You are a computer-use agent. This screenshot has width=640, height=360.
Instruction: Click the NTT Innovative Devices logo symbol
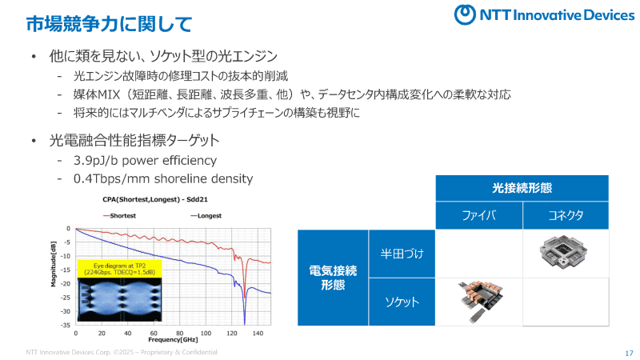(x=466, y=14)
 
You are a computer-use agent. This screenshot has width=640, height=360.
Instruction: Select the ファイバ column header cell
(x=479, y=216)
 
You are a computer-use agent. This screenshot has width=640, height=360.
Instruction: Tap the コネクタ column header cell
(x=566, y=216)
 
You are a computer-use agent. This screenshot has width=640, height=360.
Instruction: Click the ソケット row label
(x=402, y=302)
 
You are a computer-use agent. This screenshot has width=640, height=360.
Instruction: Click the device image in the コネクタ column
(x=566, y=252)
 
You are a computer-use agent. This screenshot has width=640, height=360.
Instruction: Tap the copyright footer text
(x=121, y=352)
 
